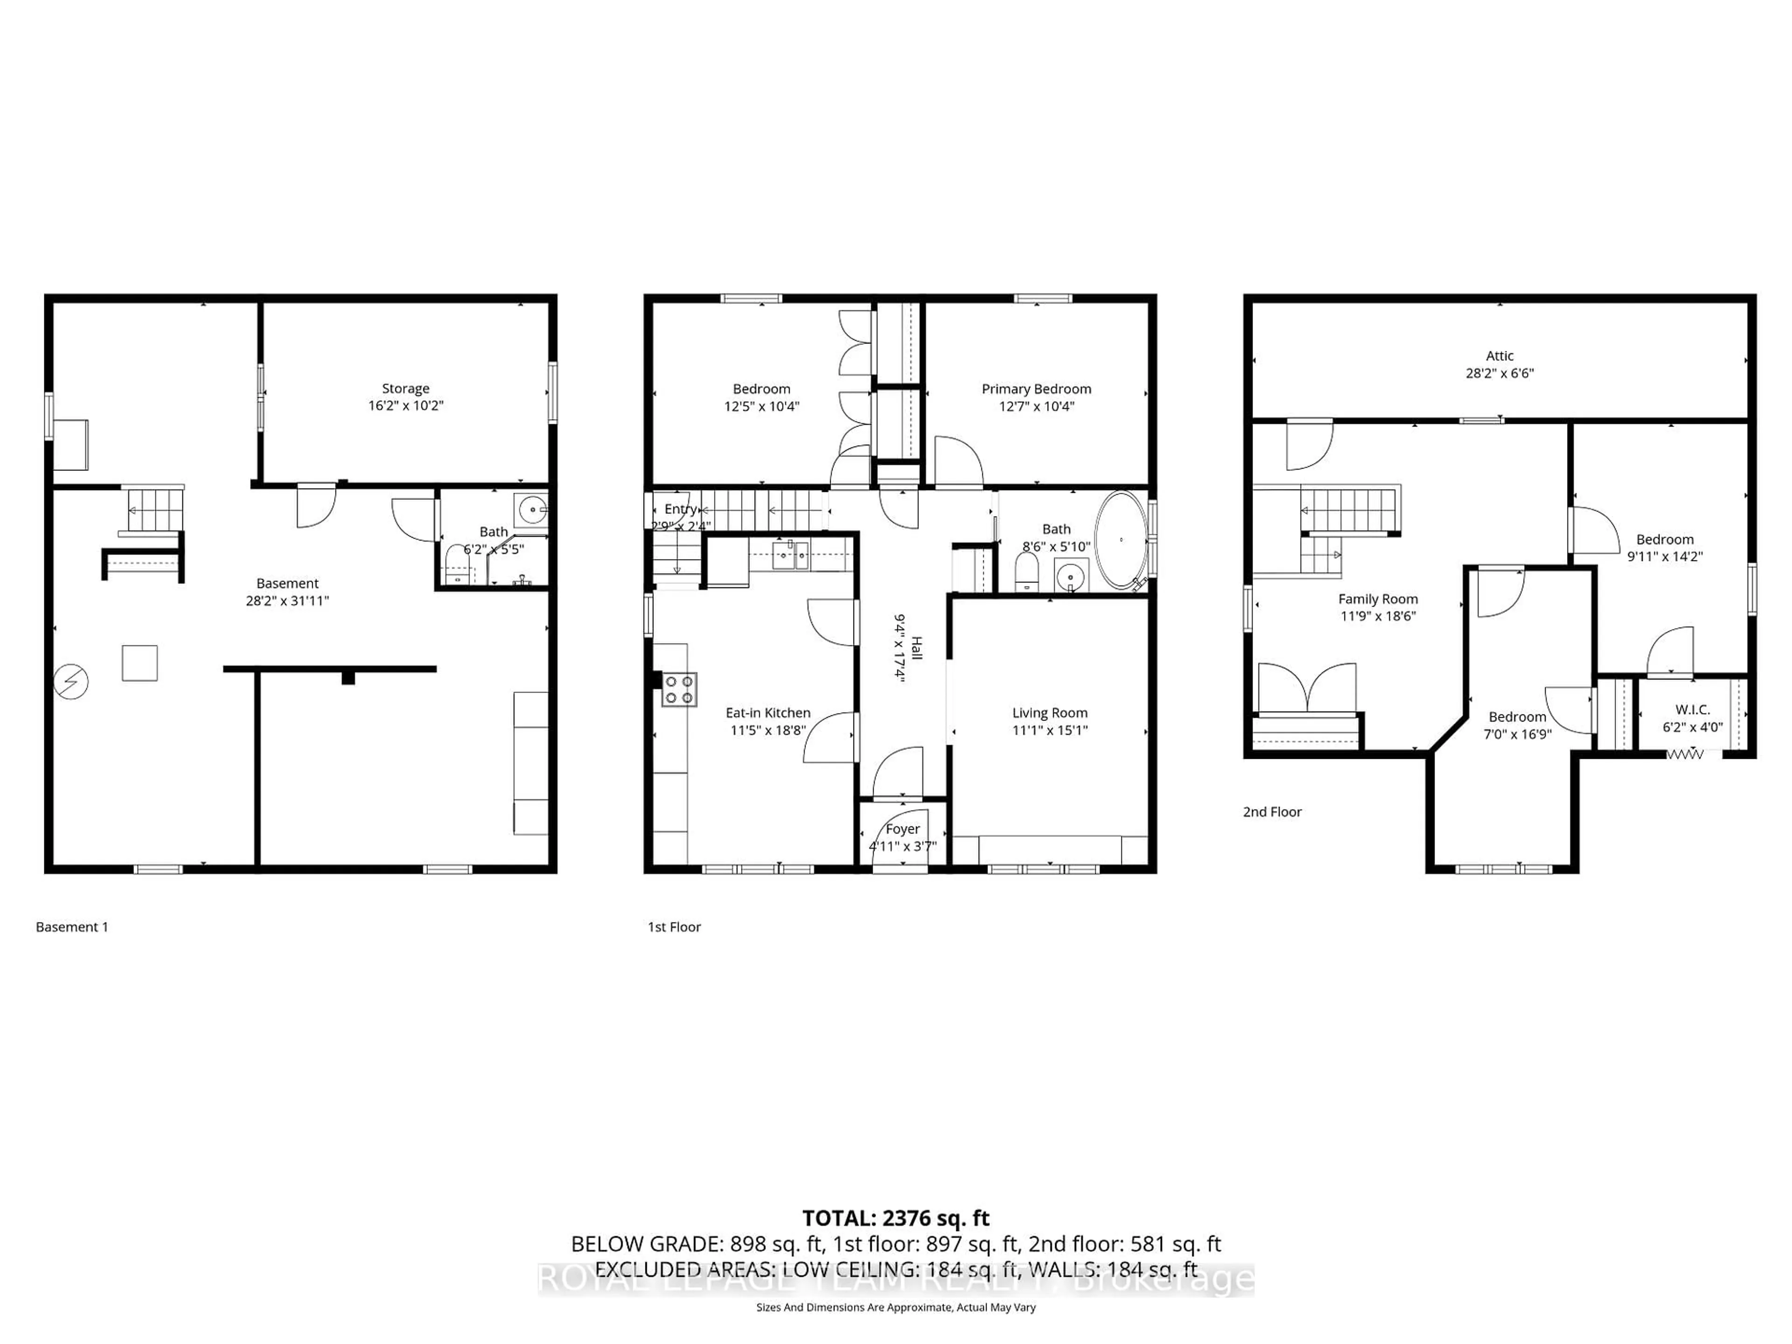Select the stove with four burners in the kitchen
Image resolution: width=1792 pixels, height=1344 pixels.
pos(679,689)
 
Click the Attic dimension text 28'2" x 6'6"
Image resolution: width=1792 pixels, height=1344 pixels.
pos(1499,373)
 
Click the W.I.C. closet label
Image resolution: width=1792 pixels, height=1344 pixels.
pos(1692,710)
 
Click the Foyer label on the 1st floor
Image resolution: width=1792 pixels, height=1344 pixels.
pos(903,829)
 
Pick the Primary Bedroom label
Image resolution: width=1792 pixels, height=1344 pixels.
pos(1036,389)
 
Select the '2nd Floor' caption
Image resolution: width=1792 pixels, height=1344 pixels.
pos(1272,812)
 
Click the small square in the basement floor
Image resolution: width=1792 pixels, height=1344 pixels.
pos(140,663)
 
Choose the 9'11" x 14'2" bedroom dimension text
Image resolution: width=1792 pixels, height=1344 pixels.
pos(1665,557)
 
